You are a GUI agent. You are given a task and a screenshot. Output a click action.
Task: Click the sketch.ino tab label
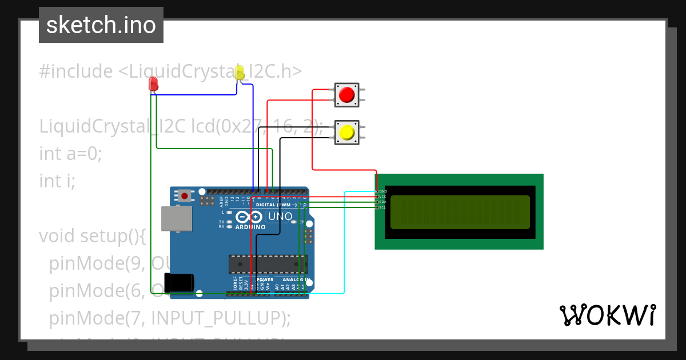pos(101,25)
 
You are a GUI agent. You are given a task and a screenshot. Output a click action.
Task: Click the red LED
pos(153,85)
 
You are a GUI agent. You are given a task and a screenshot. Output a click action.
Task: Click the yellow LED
pos(240,73)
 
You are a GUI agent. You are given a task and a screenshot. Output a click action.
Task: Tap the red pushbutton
pos(346,95)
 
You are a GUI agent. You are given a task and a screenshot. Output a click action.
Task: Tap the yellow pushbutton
pos(346,133)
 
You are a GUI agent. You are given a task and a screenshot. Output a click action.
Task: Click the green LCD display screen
pos(460,212)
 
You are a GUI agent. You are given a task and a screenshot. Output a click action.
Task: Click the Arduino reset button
pos(184,196)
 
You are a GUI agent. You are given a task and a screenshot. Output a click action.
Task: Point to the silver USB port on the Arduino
pos(177,219)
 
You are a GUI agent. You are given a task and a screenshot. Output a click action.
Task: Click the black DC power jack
pos(179,283)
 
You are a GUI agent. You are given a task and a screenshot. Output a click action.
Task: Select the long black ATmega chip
pos(268,264)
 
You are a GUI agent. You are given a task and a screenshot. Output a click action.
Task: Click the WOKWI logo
pos(607,315)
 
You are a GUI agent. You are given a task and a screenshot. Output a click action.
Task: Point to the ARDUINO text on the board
pos(250,227)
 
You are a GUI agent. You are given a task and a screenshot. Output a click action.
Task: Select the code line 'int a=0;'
pos(70,153)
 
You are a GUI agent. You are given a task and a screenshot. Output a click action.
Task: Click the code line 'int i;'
pos(57,181)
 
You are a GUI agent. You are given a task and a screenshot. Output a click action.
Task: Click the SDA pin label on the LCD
pos(382,202)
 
